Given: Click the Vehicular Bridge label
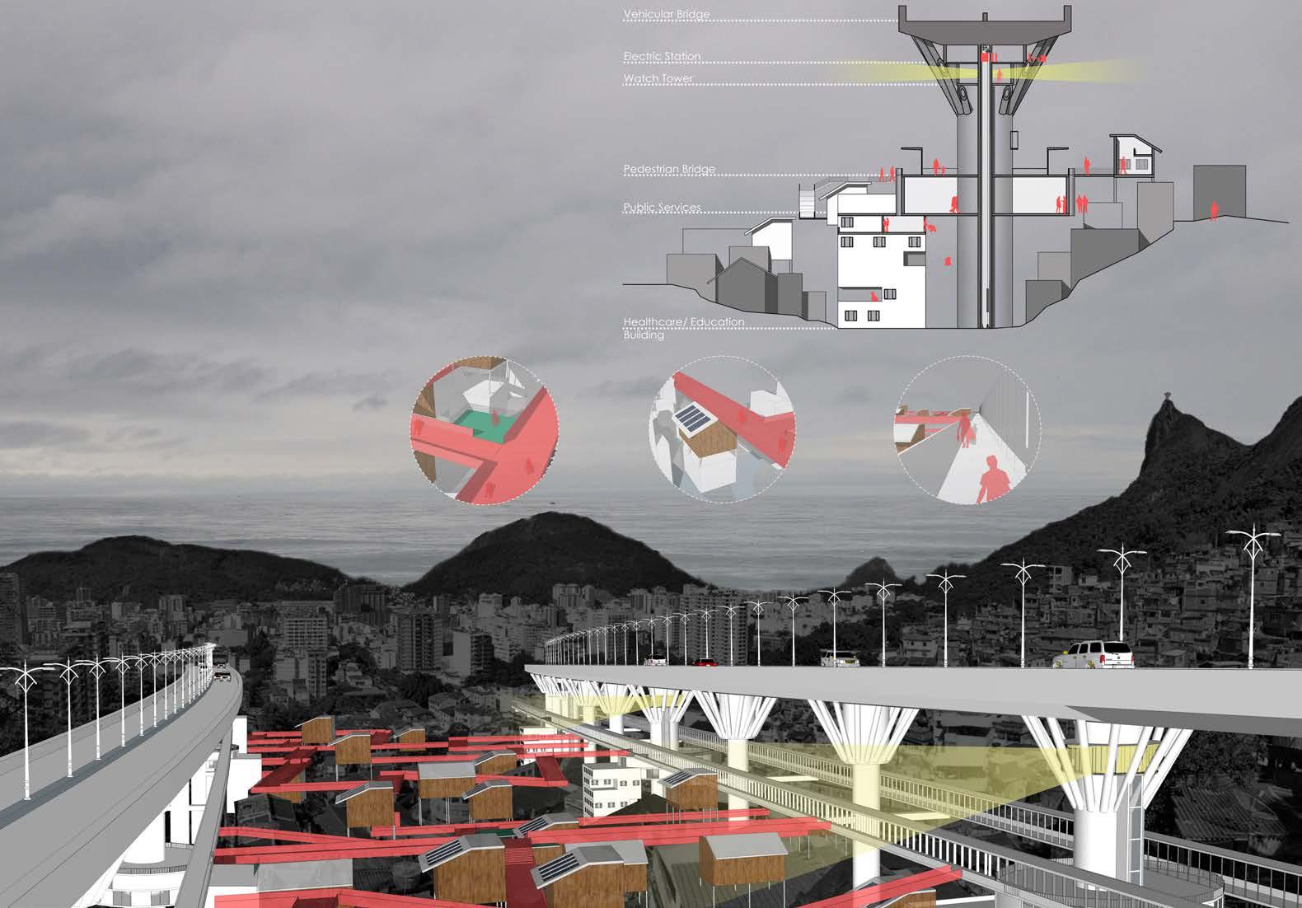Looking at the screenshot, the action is coord(666,15).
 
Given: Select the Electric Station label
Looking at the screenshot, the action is coord(662,57).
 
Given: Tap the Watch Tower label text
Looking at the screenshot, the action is coord(658,79).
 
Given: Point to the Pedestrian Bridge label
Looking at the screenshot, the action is coord(669,170).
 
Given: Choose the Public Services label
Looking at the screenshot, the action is coord(662,208).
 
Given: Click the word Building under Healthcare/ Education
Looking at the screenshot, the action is coord(644,335).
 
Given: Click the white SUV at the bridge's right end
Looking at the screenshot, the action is coord(1094,654).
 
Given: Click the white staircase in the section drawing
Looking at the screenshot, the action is coord(811,199).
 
